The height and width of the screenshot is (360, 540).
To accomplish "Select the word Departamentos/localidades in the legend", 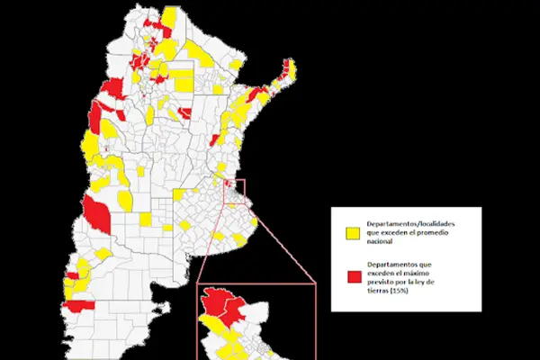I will click(x=410, y=222).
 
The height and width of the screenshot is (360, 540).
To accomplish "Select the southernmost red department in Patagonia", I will click(x=76, y=307).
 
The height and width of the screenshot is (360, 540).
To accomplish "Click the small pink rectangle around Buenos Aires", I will click(x=238, y=190).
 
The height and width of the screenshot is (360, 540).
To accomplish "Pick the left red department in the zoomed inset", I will click(x=215, y=301).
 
